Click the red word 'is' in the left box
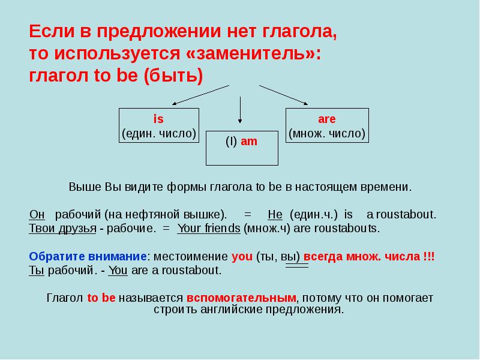pyautogui.click(x=159, y=119)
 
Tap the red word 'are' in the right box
pyautogui.click(x=326, y=119)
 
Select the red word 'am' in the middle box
pyautogui.click(x=249, y=142)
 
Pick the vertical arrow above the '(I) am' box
pyautogui.click(x=241, y=111)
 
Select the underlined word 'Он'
pyautogui.click(x=36, y=214)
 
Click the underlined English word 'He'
pyautogui.click(x=275, y=214)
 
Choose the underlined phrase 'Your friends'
pyautogui.click(x=209, y=229)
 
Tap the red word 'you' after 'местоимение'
pyautogui.click(x=242, y=256)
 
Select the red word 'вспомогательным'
pyautogui.click(x=242, y=298)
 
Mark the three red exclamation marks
pyautogui.click(x=429, y=256)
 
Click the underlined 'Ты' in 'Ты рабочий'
pyautogui.click(x=36, y=271)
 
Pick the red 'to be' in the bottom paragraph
pyautogui.click(x=101, y=298)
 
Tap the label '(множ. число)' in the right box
pyautogui.click(x=326, y=133)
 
